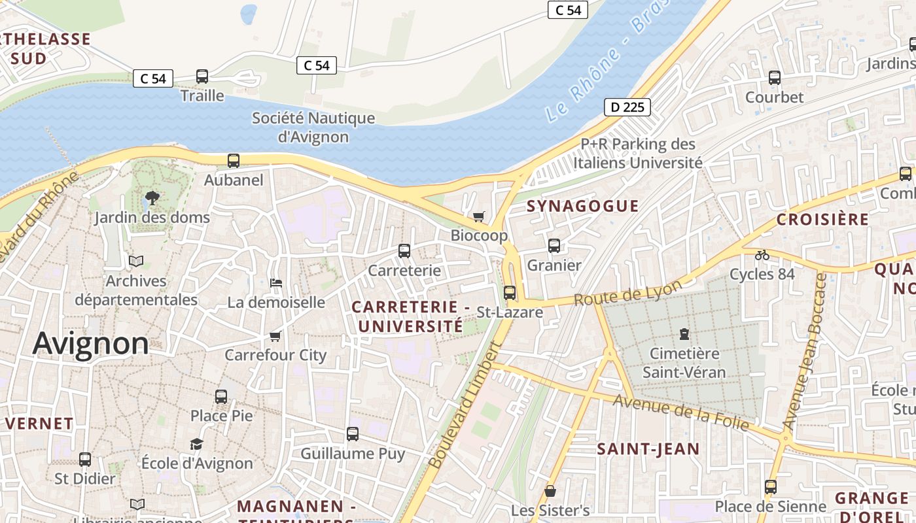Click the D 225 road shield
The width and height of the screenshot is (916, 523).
tap(627, 107)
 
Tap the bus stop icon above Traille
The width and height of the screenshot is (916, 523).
tap(202, 76)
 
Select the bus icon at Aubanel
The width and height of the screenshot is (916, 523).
tap(233, 161)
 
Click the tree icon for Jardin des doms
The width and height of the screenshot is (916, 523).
tap(152, 197)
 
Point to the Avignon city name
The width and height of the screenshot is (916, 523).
tap(91, 343)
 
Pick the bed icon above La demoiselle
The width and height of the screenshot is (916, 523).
tap(276, 283)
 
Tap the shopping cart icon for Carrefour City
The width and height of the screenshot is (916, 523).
tap(275, 336)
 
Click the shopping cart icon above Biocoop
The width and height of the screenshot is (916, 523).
tap(479, 216)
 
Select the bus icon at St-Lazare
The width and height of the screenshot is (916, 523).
tap(510, 293)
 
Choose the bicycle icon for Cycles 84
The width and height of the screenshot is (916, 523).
tap(762, 255)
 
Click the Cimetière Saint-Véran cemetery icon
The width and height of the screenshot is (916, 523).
tap(684, 334)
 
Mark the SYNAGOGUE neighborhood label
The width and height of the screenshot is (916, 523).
tap(582, 206)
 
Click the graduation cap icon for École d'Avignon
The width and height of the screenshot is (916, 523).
tap(197, 444)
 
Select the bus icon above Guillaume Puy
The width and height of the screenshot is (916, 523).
tap(353, 434)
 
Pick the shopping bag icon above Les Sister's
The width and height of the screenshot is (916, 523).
tap(550, 490)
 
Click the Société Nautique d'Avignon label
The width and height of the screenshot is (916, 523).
tap(313, 127)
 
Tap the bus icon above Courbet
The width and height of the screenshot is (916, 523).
tap(775, 78)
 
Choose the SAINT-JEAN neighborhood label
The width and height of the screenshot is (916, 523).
tap(648, 448)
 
